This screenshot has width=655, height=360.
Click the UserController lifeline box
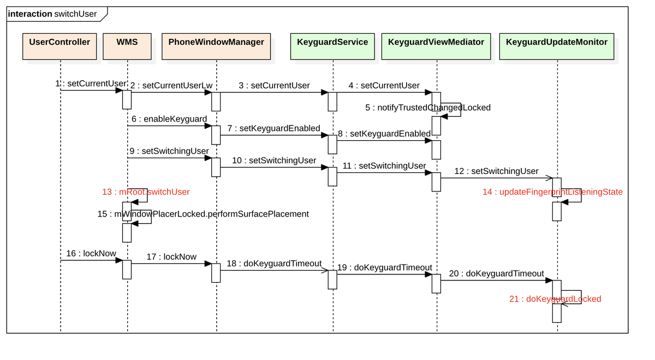(59, 46)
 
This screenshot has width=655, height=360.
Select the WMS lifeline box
(127, 46)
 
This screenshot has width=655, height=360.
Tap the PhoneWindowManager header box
(216, 46)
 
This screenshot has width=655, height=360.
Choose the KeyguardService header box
(332, 46)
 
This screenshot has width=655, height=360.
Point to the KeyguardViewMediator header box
(436, 46)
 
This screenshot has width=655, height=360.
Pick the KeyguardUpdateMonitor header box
(557, 46)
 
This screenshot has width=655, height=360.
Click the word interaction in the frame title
(30, 14)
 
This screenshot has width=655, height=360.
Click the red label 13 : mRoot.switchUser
(146, 192)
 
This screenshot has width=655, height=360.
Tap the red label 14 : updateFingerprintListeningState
(552, 192)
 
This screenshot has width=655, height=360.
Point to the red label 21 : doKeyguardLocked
(555, 299)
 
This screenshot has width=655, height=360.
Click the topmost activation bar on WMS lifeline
(127, 99)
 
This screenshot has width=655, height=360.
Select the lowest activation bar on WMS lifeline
(127, 269)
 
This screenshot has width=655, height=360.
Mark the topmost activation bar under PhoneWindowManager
(216, 101)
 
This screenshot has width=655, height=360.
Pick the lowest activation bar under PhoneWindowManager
(216, 273)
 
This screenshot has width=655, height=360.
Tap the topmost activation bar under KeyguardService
(332, 101)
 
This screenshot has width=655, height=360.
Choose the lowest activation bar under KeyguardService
(332, 279)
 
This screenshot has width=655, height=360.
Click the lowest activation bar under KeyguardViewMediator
(436, 284)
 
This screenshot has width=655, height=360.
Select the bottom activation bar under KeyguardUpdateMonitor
(557, 313)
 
